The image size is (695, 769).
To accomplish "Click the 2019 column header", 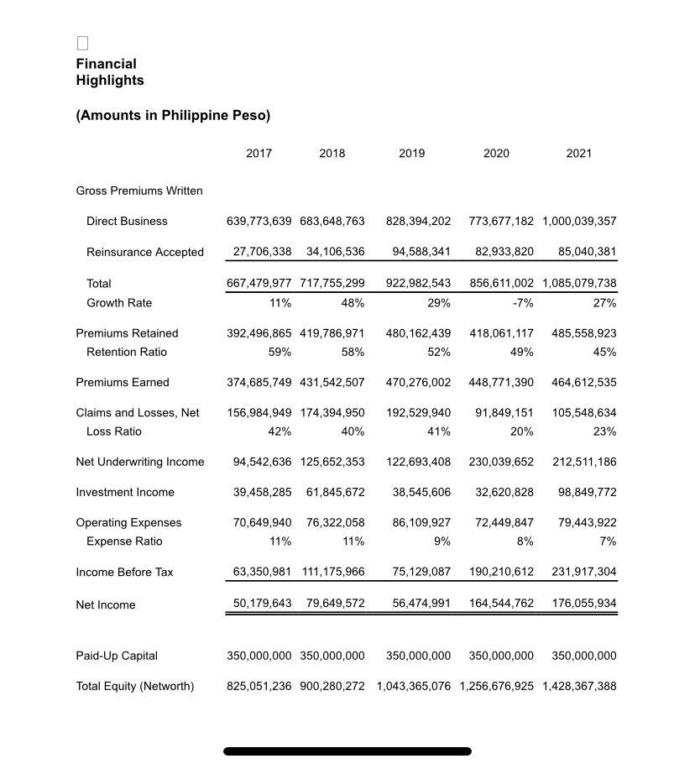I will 411,154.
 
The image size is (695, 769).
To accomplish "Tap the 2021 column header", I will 578,154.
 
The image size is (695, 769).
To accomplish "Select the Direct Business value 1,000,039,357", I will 579,222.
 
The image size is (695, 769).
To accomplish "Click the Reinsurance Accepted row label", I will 144,253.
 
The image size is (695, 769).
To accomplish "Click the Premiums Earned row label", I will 123,383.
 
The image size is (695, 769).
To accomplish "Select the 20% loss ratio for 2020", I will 520,432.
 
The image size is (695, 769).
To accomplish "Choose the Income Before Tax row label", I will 124,573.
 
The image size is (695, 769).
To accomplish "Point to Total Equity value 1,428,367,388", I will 579,687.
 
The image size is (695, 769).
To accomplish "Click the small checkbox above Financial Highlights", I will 82,43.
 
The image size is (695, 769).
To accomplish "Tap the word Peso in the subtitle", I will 249,115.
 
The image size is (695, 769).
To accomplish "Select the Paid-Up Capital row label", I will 117,657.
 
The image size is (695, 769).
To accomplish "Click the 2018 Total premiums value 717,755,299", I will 332,284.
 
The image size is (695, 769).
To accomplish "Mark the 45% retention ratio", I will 604,352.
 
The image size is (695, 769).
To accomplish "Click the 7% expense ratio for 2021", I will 608,541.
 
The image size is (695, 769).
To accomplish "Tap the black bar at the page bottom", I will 347,751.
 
